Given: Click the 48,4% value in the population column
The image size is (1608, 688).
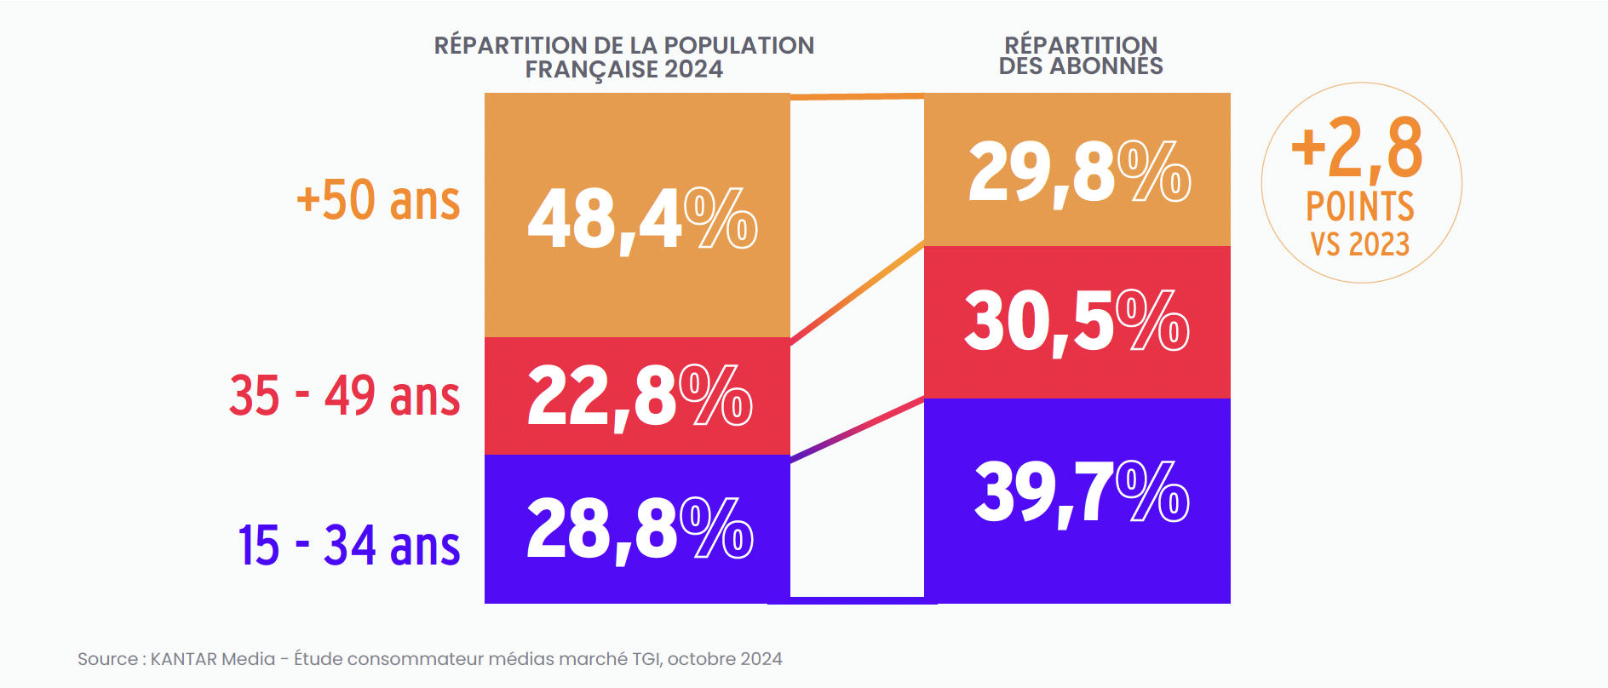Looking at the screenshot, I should pyautogui.click(x=640, y=220).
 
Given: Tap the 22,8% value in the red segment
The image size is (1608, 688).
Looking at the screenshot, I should pyautogui.click(x=639, y=396).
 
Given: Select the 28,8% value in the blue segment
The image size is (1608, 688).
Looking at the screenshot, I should pyautogui.click(x=639, y=530).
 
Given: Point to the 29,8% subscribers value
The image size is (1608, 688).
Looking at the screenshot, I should pyautogui.click(x=1078, y=173).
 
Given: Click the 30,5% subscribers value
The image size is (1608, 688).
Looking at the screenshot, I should pyautogui.click(x=1077, y=321).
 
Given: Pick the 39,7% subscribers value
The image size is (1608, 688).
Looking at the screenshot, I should pyautogui.click(x=1080, y=492).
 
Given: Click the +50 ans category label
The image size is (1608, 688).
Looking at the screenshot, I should pyautogui.click(x=378, y=201).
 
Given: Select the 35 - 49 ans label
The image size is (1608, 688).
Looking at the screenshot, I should pyautogui.click(x=344, y=396).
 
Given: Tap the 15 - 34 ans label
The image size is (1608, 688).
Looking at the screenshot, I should pyautogui.click(x=348, y=546).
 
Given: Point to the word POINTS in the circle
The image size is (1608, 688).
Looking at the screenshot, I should pyautogui.click(x=1359, y=207).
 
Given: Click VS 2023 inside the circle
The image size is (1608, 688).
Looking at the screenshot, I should pyautogui.click(x=1359, y=244).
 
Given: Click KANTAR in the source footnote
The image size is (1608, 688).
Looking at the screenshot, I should pyautogui.click(x=180, y=659).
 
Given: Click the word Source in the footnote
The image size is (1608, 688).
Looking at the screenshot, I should pyautogui.click(x=107, y=659).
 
